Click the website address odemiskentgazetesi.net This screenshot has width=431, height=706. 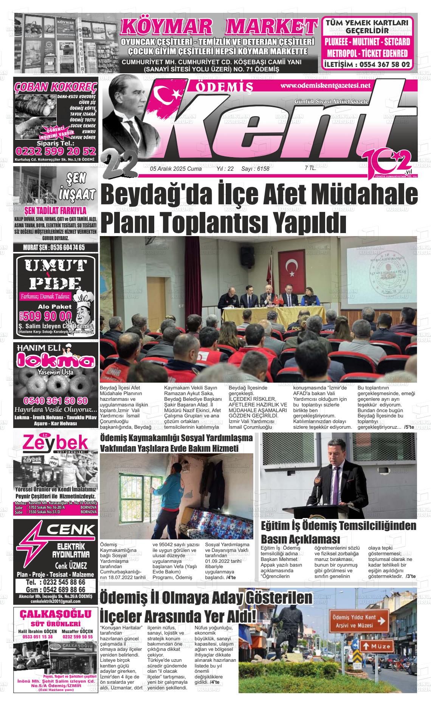tap(325, 85)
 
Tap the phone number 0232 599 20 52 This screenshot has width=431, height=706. tap(56, 151)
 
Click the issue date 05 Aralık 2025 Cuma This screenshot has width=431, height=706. tap(175, 169)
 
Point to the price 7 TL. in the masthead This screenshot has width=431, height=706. tap(310, 168)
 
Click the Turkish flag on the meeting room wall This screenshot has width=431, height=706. tap(292, 270)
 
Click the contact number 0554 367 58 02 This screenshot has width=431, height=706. tap(382, 64)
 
